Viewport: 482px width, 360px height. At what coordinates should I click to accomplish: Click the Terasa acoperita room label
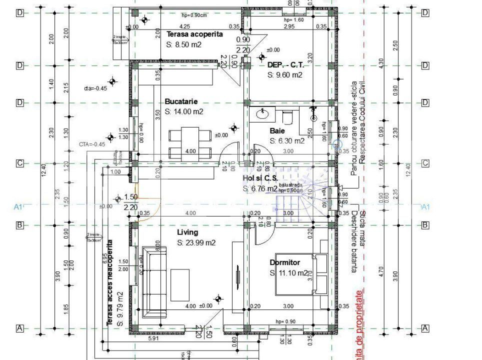[x=194, y=34]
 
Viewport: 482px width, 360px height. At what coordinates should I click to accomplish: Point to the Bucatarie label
[x=181, y=101]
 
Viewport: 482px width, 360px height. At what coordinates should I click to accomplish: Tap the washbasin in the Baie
[x=263, y=114]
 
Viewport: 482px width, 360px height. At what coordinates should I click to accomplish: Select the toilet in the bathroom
[x=287, y=116]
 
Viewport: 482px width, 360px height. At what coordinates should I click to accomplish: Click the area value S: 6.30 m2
[x=287, y=141]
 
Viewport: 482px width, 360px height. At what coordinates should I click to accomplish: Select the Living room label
[x=187, y=232]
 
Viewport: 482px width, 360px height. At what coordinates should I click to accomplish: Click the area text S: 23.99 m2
[x=196, y=243]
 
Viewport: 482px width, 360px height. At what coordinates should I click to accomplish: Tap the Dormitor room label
[x=284, y=262]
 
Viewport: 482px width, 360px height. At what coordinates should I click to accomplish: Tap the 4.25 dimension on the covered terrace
[x=184, y=26]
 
